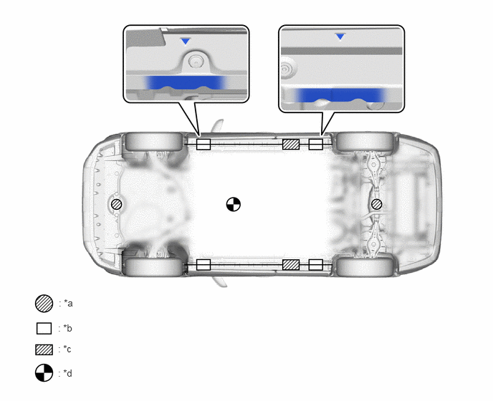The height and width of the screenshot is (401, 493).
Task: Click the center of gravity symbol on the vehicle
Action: click(x=234, y=204)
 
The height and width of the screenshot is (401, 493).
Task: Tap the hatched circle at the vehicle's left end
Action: click(x=117, y=204)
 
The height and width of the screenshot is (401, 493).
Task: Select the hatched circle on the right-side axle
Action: click(x=376, y=204)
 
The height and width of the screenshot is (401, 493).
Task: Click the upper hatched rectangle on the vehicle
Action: click(x=291, y=144)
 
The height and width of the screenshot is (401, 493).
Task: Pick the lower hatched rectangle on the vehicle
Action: click(x=291, y=265)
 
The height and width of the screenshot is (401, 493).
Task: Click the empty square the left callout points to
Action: click(x=204, y=144)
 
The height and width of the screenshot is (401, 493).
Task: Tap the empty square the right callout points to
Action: click(x=316, y=144)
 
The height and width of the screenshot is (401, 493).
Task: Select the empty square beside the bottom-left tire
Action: click(x=204, y=265)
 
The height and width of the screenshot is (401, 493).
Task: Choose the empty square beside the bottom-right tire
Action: click(x=316, y=265)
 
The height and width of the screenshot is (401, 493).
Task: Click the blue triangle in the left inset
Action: click(x=186, y=41)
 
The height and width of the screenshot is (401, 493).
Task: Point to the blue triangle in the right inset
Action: click(x=340, y=37)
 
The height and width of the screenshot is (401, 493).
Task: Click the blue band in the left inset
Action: click(x=186, y=82)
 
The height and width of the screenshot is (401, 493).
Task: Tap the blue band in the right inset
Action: click(x=340, y=95)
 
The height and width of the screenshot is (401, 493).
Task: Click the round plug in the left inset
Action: click(x=196, y=62)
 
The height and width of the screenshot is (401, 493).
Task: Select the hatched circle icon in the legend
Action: click(x=44, y=304)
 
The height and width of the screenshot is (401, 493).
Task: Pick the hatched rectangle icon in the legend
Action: click(x=44, y=349)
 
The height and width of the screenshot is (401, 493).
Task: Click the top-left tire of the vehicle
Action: click(x=154, y=141)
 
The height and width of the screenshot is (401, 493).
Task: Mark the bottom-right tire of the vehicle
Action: click(x=365, y=267)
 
